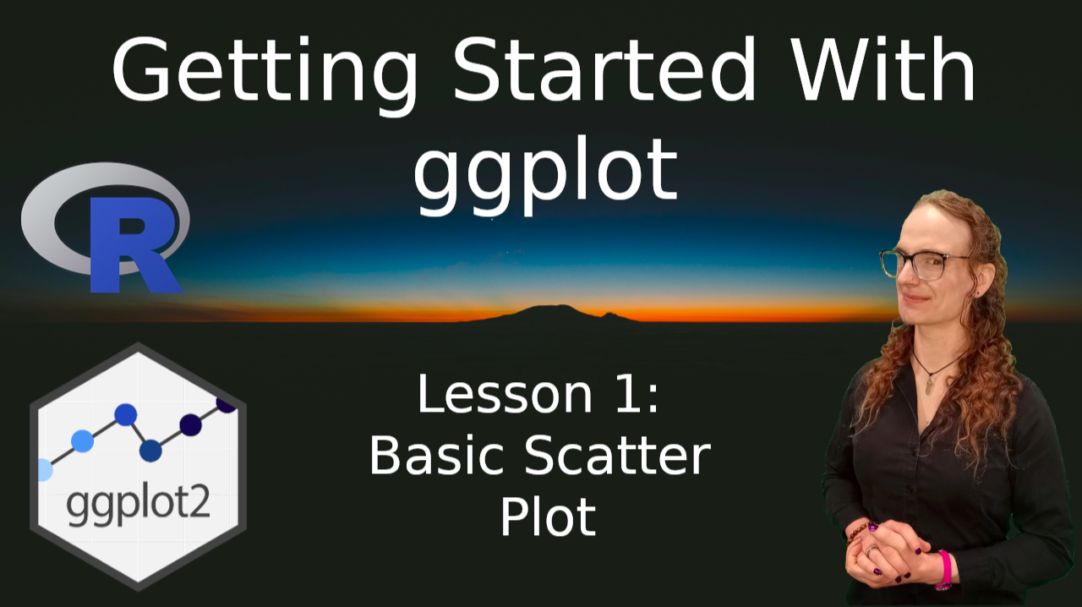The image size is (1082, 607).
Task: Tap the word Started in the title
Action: click(x=604, y=69)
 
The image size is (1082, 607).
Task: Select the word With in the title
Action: click(x=883, y=69)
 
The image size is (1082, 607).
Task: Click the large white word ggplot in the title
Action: click(x=546, y=177)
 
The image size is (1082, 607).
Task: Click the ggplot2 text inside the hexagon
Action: click(x=138, y=505)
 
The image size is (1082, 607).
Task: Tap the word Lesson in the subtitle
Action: click(x=505, y=394)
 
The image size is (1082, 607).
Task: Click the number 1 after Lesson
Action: click(x=629, y=393)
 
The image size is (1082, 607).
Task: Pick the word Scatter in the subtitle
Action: click(x=617, y=455)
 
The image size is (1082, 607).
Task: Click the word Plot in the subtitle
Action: click(x=548, y=517)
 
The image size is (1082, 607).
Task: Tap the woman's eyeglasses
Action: click(x=924, y=265)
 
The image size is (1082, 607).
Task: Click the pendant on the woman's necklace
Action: click(x=929, y=385)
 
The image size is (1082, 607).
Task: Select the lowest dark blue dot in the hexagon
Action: click(x=150, y=451)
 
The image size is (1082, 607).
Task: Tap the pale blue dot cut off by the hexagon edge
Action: click(x=45, y=470)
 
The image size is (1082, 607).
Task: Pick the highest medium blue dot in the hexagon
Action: click(x=126, y=414)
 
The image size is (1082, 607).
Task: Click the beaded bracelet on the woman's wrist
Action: click(x=860, y=531)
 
